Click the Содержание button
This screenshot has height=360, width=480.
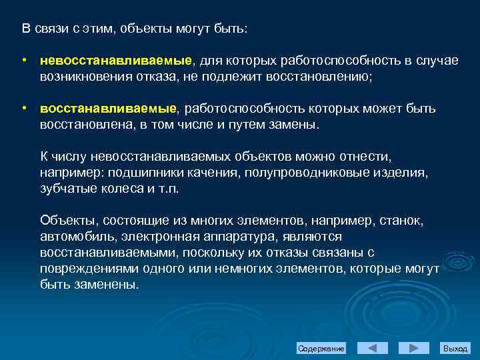pyautogui.click(x=321, y=349)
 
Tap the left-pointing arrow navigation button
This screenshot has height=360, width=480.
pyautogui.click(x=373, y=348)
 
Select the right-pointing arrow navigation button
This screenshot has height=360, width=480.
pyautogui.click(x=414, y=348)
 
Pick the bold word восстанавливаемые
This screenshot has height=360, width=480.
pyautogui.click(x=109, y=108)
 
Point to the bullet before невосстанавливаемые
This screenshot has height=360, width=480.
pyautogui.click(x=23, y=61)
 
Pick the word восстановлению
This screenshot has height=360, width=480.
pyautogui.click(x=319, y=77)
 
